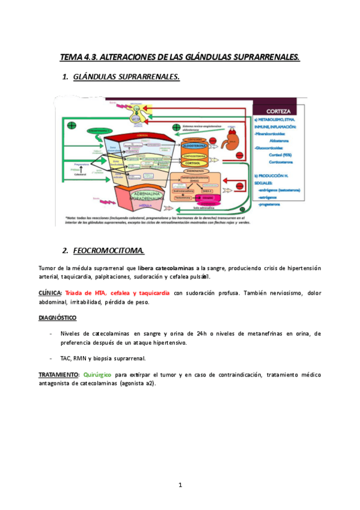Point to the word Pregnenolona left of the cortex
pyautogui.click(x=82, y=164)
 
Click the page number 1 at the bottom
pyautogui.click(x=180, y=484)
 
